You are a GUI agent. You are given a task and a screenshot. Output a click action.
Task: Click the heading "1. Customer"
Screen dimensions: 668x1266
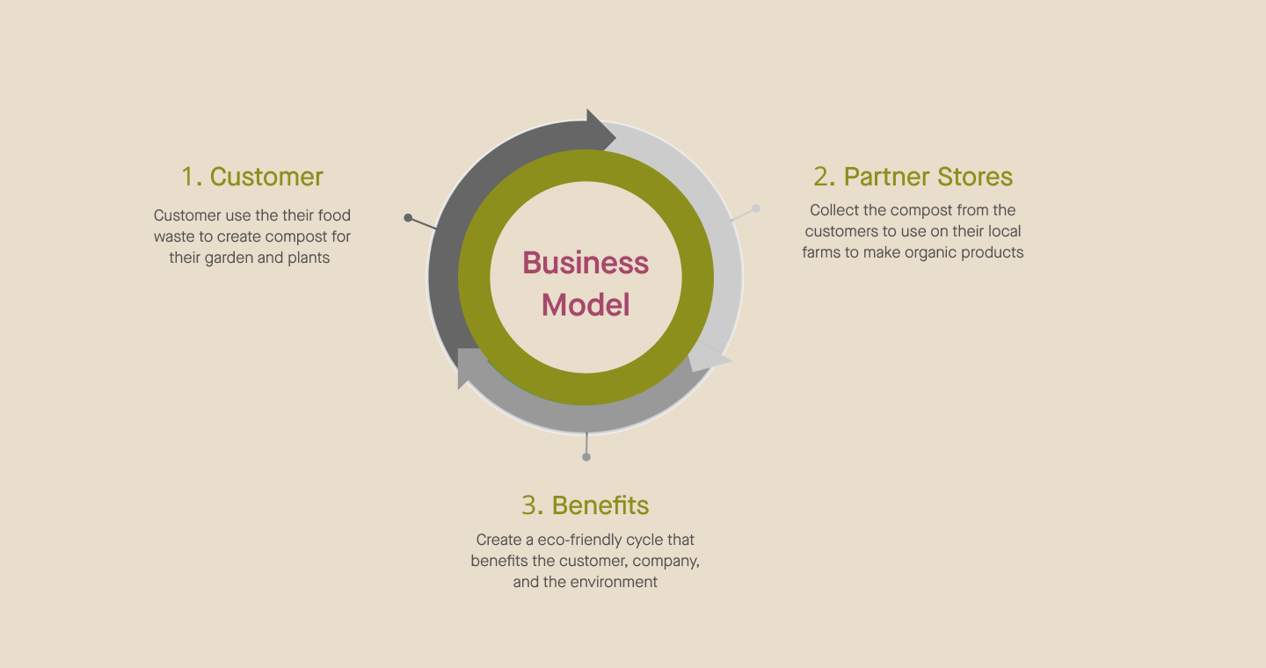pyautogui.click(x=252, y=177)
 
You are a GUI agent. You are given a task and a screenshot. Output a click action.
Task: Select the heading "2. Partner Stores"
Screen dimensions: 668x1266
pyautogui.click(x=913, y=177)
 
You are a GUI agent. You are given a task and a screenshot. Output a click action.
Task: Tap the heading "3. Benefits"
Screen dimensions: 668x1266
pyautogui.click(x=586, y=505)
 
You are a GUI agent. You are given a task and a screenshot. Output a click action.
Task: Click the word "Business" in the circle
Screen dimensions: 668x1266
pyautogui.click(x=586, y=263)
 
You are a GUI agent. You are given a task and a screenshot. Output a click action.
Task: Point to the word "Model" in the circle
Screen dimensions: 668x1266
pyautogui.click(x=586, y=305)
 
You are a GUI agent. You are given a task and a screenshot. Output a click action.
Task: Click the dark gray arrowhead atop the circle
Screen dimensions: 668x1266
pyautogui.click(x=601, y=130)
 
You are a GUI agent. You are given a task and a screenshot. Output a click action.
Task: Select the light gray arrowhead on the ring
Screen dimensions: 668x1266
pyautogui.click(x=709, y=359)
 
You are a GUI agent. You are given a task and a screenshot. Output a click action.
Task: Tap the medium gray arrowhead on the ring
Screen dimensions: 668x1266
pyautogui.click(x=469, y=367)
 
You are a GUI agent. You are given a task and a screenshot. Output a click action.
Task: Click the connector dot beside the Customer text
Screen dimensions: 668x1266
pyautogui.click(x=408, y=217)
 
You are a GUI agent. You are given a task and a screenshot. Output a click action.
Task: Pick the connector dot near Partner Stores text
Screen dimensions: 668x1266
pyautogui.click(x=756, y=208)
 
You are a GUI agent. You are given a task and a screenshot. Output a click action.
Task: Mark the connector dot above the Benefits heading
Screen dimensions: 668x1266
pyautogui.click(x=586, y=457)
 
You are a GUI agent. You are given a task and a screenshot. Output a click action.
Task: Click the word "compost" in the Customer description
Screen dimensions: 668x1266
pyautogui.click(x=295, y=236)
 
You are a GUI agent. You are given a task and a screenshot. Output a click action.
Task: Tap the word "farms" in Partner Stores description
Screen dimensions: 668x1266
pyautogui.click(x=822, y=252)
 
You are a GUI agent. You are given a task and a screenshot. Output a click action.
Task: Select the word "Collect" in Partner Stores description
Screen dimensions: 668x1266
pyautogui.click(x=835, y=210)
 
